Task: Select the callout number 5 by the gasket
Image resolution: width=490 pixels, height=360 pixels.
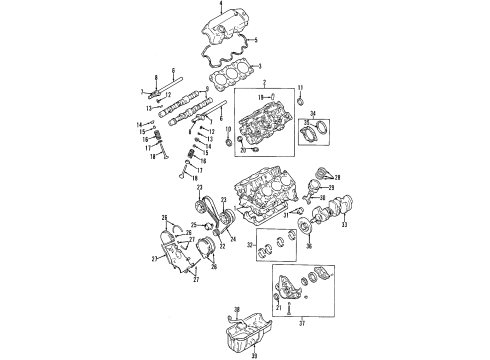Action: [x=255, y=40]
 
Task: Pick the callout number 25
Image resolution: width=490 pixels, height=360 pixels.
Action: [x=193, y=225]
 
